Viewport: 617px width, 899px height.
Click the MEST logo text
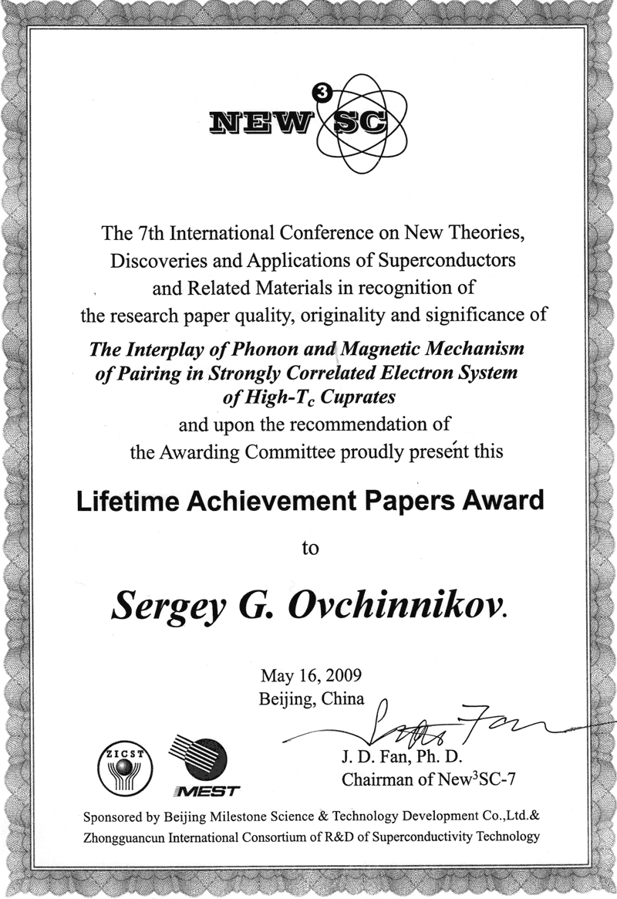click(204, 792)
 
